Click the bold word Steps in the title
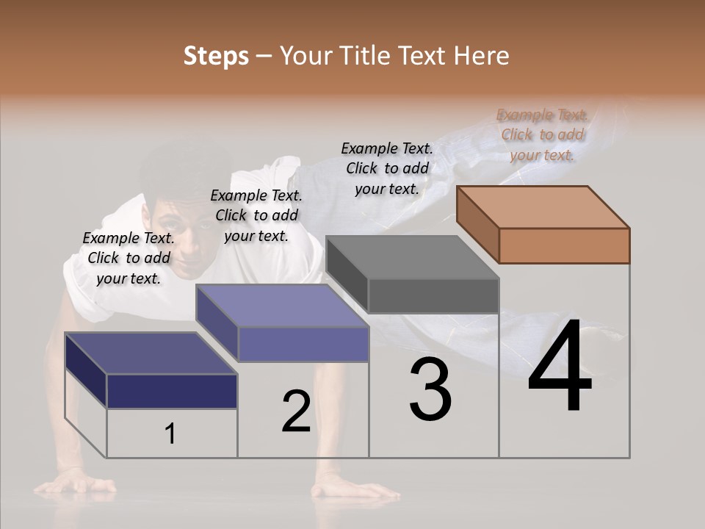point(215,56)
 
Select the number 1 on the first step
point(170,434)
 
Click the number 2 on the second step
point(296,411)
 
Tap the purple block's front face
point(303,344)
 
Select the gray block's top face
point(411,257)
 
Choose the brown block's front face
point(564,245)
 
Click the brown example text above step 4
point(542,134)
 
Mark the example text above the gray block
point(387,168)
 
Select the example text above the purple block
point(256,215)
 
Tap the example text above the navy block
point(129,258)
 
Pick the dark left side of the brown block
point(477,223)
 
